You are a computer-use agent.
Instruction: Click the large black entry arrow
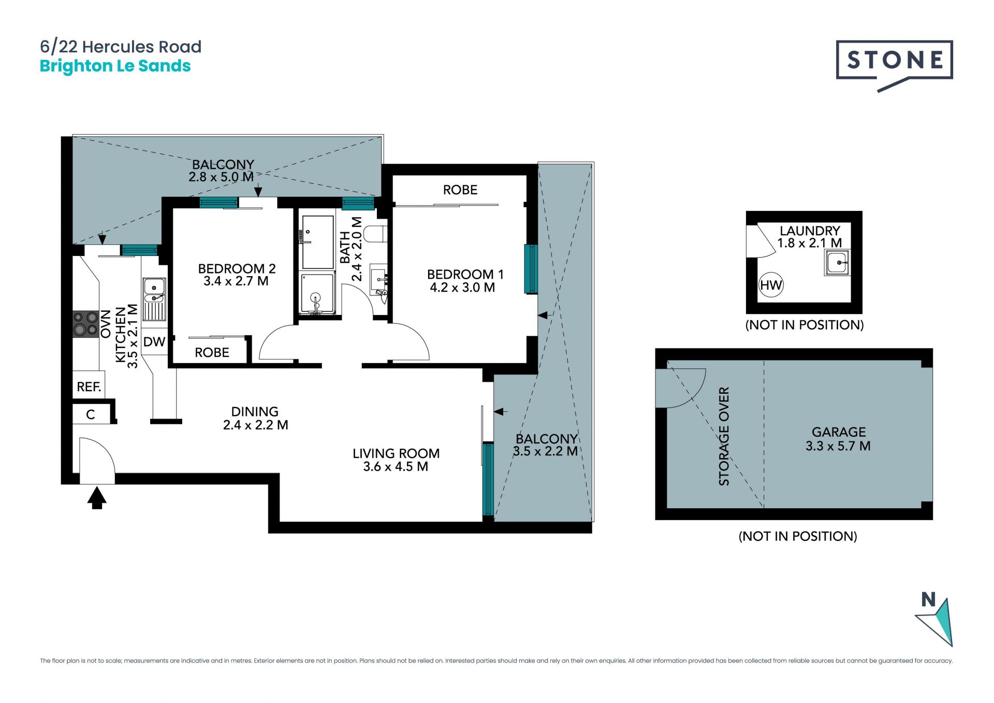click(x=97, y=498)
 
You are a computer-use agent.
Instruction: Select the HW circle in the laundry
click(x=771, y=285)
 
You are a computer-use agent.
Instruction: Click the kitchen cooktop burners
click(x=85, y=323)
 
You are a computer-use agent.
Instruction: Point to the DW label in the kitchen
click(x=154, y=342)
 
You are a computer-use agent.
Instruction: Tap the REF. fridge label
click(x=89, y=386)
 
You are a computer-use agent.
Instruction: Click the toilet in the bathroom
click(x=375, y=234)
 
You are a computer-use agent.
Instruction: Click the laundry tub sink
click(x=837, y=263)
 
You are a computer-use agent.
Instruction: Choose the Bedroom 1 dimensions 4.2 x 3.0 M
click(x=462, y=288)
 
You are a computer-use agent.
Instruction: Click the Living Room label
click(x=396, y=453)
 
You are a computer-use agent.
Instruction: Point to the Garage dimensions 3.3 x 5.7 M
click(x=838, y=446)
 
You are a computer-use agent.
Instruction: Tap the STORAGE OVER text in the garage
click(x=724, y=436)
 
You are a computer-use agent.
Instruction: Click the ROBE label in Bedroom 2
click(x=212, y=353)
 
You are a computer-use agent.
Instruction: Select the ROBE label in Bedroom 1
click(x=460, y=190)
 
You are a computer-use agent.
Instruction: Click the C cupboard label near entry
click(x=91, y=414)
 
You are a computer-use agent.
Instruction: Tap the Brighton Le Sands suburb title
click(x=115, y=66)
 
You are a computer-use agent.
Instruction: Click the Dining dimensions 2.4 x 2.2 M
click(x=256, y=425)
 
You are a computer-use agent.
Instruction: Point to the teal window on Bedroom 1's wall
click(x=531, y=269)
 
